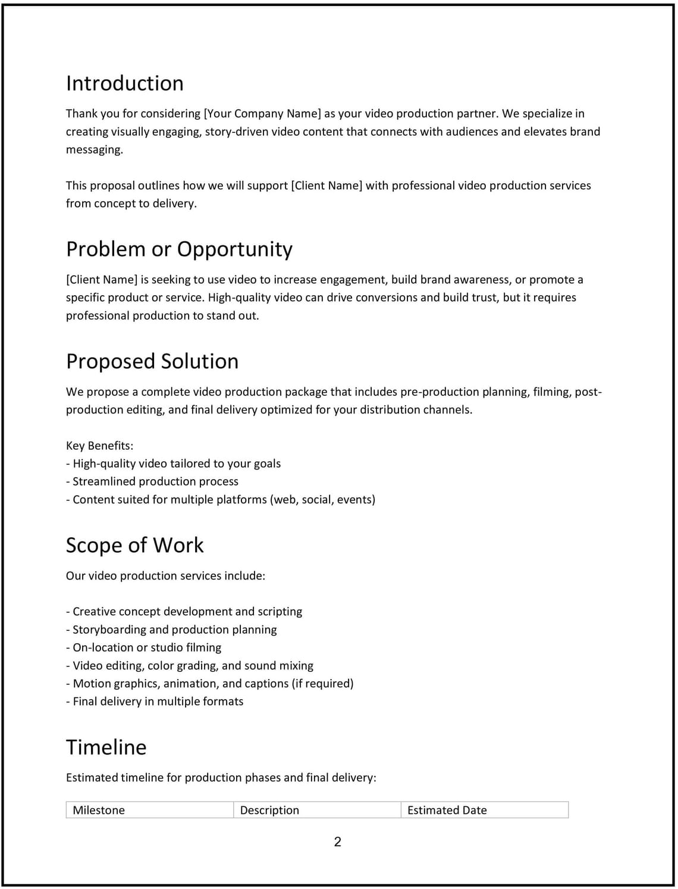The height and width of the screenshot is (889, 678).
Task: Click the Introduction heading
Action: (124, 83)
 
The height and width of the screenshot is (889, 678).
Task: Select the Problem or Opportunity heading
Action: (179, 249)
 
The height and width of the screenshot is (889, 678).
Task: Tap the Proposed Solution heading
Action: (152, 361)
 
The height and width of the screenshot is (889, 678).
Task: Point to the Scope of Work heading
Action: (135, 545)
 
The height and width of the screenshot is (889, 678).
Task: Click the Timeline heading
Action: (106, 747)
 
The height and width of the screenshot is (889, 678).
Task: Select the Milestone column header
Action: (99, 810)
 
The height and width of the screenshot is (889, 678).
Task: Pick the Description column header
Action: (269, 810)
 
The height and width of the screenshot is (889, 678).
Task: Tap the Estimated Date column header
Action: (447, 810)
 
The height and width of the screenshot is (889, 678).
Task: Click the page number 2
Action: (338, 841)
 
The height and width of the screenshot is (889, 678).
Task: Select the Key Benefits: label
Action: (99, 446)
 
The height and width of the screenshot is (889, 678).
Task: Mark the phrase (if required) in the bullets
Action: (322, 684)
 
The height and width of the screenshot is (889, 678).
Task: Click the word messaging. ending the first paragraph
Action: (95, 149)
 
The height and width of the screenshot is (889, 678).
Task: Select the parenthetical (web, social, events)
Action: (323, 500)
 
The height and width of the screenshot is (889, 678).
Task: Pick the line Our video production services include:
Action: (165, 576)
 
